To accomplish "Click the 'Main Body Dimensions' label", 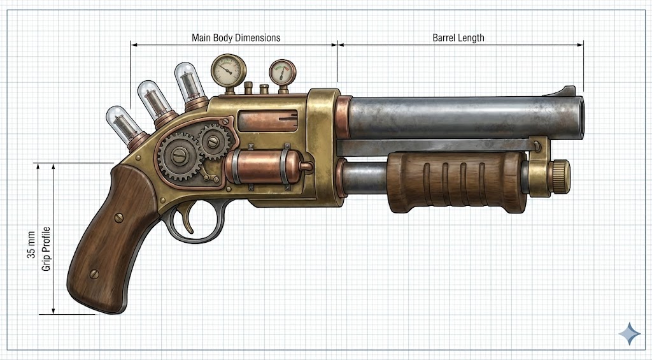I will (x=236, y=38).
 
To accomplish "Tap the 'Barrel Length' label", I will (x=458, y=38).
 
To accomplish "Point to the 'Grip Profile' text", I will (x=46, y=248).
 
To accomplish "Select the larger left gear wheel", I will (x=178, y=154).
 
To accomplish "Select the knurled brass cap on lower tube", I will (x=560, y=176).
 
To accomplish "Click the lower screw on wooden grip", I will (x=95, y=274).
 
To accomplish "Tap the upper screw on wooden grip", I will (x=119, y=218).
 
